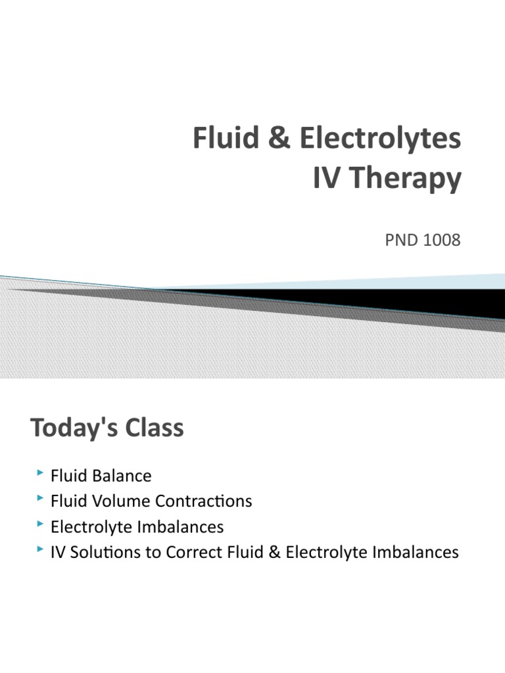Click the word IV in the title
tap(325, 179)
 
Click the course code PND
tap(400, 241)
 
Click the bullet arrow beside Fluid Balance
tap(41, 473)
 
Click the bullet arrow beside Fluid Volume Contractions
tap(41, 499)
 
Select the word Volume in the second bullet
tap(114, 501)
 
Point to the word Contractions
tap(204, 501)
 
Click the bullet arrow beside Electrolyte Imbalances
tap(41, 524)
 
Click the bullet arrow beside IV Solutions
tap(41, 549)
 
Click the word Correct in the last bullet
tap(191, 552)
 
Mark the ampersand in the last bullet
tap(274, 552)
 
